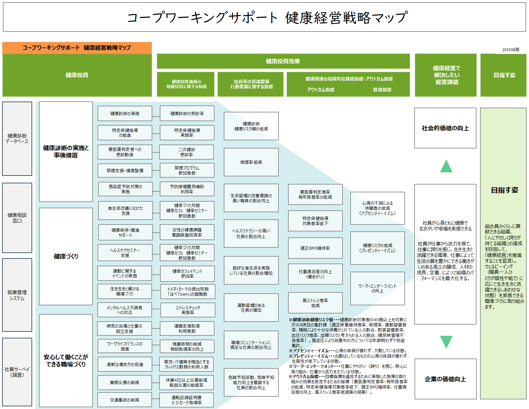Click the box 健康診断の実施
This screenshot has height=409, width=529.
click(125, 114)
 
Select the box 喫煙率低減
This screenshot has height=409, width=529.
click(251, 162)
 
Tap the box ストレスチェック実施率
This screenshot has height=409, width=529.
click(188, 310)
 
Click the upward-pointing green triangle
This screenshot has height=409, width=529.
click(446, 166)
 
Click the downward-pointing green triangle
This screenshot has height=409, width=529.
click(446, 342)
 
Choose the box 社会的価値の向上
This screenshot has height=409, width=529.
click(445, 128)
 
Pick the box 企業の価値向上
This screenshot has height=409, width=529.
click(445, 379)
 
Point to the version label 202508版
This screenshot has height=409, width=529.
click(511, 50)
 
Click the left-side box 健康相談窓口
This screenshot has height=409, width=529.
click(17, 218)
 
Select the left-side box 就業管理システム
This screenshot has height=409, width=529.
click(17, 295)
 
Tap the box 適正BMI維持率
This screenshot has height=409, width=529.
click(315, 248)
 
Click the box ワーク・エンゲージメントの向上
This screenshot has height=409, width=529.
click(377, 288)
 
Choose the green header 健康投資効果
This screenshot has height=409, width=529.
click(283, 61)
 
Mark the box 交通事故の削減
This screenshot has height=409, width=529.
click(124, 400)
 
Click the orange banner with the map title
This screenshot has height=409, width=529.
click(77, 48)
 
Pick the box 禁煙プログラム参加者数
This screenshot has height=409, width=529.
click(187, 170)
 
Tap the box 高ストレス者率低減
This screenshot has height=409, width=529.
click(315, 303)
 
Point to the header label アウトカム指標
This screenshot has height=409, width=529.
click(321, 90)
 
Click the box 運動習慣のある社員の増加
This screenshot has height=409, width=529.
click(251, 308)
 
